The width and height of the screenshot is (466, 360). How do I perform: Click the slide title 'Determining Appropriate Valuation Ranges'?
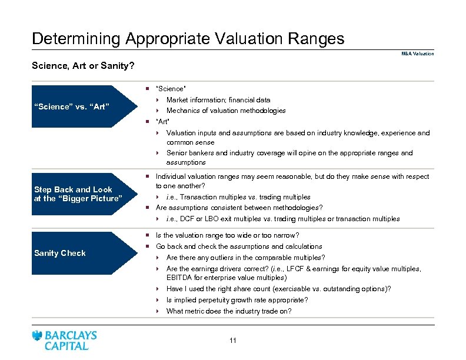[188, 39]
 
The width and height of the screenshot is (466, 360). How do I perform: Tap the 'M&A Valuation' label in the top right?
[417, 54]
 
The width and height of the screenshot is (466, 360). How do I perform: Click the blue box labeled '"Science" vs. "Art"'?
[71, 106]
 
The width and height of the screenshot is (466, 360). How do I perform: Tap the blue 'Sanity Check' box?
[60, 253]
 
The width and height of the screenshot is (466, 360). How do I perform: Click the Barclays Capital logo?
[65, 340]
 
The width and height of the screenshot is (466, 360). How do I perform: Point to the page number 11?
[233, 341]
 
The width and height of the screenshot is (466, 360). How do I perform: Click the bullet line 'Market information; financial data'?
[218, 100]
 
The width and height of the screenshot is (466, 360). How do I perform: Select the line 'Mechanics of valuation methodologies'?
[226, 111]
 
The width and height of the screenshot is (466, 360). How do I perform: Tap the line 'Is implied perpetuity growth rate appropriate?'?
[237, 300]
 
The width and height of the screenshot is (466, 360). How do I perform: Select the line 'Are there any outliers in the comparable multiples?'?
[245, 258]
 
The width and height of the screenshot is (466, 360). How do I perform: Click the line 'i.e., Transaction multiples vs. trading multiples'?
[238, 197]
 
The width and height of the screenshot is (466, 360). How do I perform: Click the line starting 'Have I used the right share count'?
[278, 289]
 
